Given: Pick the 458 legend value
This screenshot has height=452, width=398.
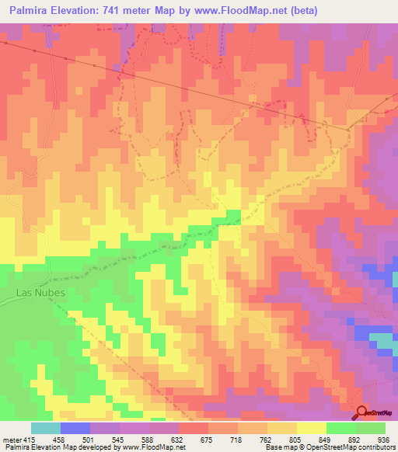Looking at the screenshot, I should [x=59, y=439].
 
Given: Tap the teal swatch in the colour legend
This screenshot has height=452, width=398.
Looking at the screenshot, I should [x=46, y=428].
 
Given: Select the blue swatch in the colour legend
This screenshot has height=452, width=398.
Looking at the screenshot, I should [x=75, y=428].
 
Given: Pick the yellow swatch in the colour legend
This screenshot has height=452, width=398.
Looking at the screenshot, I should [x=312, y=428].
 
